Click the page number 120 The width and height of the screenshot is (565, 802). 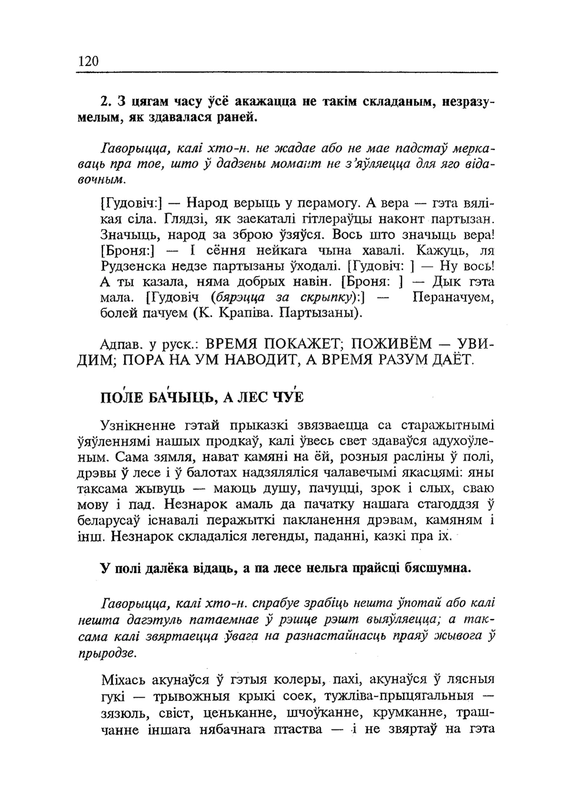click(88, 61)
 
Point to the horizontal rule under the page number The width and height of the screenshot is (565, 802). click(287, 72)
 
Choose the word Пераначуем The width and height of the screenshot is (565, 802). click(454, 298)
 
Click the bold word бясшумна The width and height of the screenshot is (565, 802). click(437, 568)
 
